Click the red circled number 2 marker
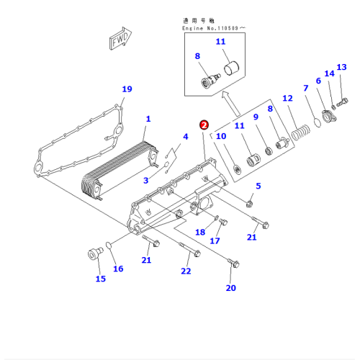(x=204, y=125)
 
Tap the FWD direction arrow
(x=120, y=38)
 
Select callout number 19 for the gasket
(x=127, y=89)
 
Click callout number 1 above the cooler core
(x=148, y=119)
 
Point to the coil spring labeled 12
(x=301, y=133)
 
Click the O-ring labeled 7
(x=318, y=122)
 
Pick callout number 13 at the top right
(x=341, y=67)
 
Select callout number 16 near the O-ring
(x=118, y=269)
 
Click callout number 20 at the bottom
(x=231, y=288)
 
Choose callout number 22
(x=186, y=271)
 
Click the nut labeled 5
(x=250, y=204)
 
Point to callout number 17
(x=215, y=241)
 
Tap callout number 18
(x=200, y=232)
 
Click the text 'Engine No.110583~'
(x=214, y=28)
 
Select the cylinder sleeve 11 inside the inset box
(x=231, y=68)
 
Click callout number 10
(x=221, y=136)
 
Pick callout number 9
(x=256, y=117)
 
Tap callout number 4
(x=186, y=137)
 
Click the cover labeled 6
(x=328, y=116)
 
